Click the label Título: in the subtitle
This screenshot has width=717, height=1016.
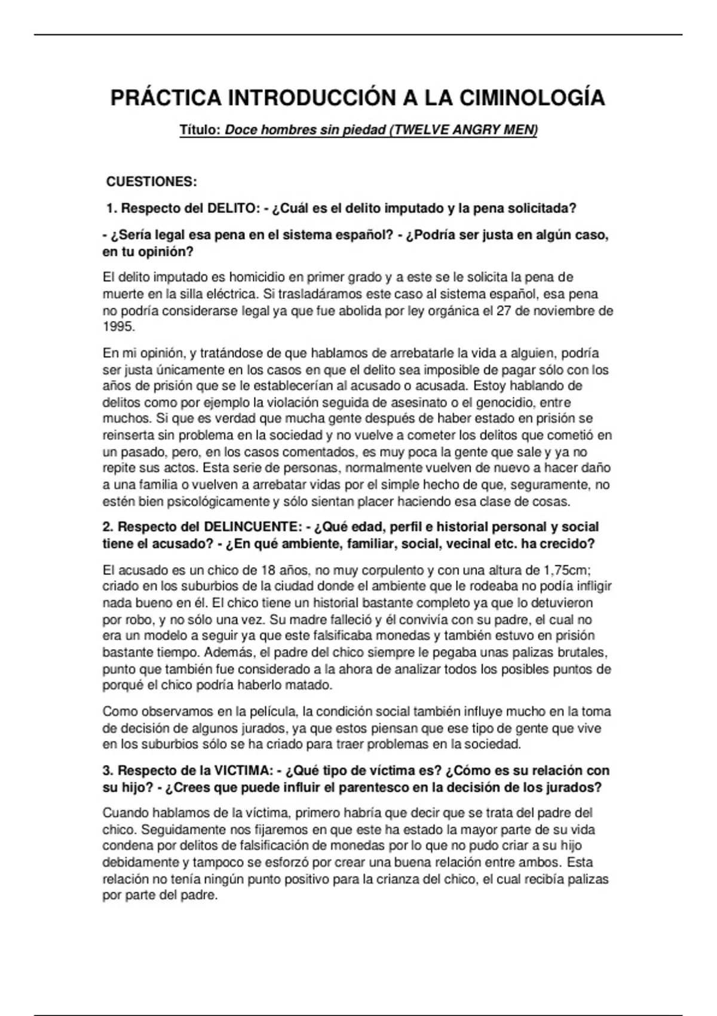(201, 130)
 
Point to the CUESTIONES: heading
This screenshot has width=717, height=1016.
(151, 182)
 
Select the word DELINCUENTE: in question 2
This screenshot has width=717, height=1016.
(253, 527)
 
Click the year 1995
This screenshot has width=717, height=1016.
(118, 327)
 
